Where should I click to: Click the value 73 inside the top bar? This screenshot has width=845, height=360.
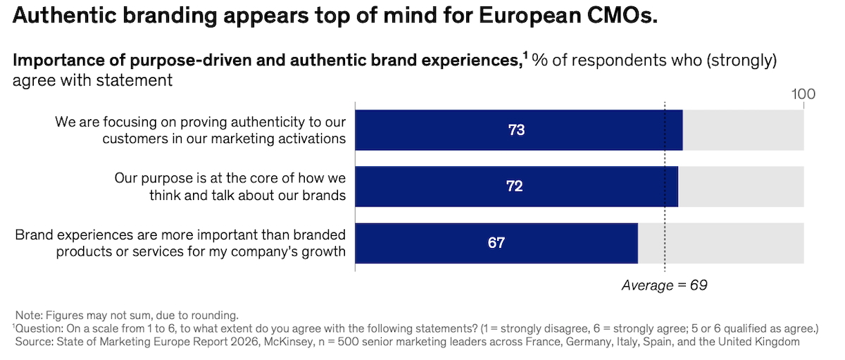coord(517,130)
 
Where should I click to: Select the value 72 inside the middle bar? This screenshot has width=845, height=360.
coord(515,187)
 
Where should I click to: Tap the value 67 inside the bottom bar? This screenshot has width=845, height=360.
coord(496,243)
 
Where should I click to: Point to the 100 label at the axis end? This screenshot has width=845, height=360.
coord(803,94)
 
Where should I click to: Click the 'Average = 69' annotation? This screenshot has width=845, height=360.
coord(664,285)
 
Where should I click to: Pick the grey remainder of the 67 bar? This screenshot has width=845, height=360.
coord(720,243)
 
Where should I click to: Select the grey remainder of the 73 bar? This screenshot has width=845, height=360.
coord(743,130)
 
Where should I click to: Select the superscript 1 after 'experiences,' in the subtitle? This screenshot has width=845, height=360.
coord(526,56)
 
